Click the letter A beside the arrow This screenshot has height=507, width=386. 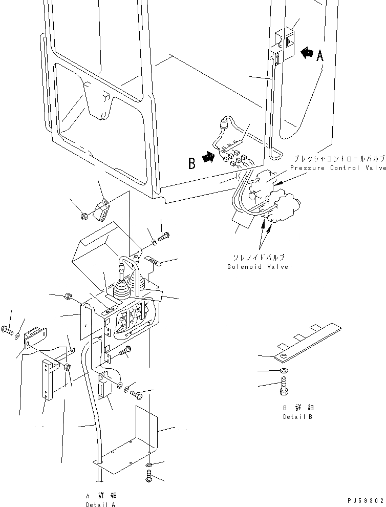click(320, 56)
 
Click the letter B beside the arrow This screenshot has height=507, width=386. click(192, 164)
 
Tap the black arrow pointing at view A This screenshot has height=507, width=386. click(307, 52)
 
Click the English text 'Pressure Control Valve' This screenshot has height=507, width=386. click(338, 168)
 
